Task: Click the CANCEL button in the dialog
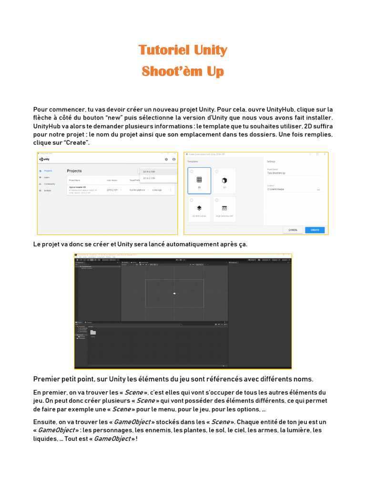[x=293, y=230]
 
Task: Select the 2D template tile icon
[x=199, y=180]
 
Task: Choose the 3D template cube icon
[x=224, y=181]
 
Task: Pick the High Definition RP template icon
[x=224, y=208]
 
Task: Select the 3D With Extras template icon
[x=199, y=208]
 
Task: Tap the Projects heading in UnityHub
[x=74, y=171]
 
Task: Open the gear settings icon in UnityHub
[x=166, y=159]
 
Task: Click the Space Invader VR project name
[x=78, y=187]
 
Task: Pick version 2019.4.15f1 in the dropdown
[x=150, y=172]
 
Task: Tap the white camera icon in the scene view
[x=175, y=293]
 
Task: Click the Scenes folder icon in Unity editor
[x=93, y=332]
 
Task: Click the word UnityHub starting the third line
[x=47, y=126]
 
